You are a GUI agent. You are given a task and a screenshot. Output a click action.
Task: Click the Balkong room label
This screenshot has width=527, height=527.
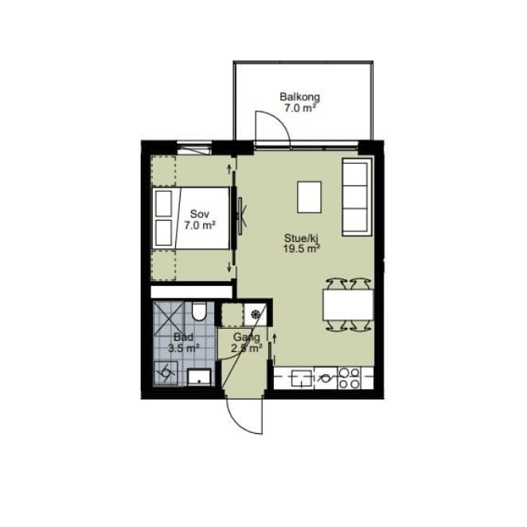[x=300, y=97]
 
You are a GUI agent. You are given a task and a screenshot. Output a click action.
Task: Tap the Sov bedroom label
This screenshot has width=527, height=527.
[x=200, y=214]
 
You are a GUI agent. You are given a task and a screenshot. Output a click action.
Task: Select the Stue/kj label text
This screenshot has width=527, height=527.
[x=301, y=239]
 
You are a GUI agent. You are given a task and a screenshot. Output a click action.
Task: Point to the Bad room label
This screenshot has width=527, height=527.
[x=184, y=337]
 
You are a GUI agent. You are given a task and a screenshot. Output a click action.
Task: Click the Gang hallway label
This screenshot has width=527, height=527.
[x=246, y=337]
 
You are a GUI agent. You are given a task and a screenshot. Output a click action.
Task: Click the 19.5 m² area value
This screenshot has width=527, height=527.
[x=302, y=249]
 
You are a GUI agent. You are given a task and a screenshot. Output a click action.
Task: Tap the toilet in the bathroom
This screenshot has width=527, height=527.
[x=199, y=311]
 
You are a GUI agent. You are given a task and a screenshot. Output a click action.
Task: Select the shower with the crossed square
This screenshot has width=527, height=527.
[x=169, y=318]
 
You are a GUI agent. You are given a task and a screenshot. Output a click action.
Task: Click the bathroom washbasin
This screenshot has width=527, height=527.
[x=199, y=377]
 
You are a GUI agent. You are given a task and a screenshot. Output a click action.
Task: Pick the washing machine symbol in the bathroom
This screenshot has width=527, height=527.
[x=166, y=373]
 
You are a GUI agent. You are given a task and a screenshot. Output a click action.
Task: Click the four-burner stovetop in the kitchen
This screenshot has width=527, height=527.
[x=349, y=378]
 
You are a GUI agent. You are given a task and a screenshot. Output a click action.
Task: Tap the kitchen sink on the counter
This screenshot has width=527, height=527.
[x=302, y=378]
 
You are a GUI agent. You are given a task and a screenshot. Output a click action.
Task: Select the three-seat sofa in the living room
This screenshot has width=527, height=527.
[x=357, y=197]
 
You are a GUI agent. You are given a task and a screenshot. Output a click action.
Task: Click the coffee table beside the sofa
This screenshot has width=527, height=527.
[x=309, y=197]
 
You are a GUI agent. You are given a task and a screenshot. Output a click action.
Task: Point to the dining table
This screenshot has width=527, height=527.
[x=348, y=305]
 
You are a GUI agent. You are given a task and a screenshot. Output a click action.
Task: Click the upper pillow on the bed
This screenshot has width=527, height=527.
[x=164, y=203]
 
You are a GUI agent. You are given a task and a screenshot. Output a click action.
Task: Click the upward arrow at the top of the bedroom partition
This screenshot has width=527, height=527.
[x=229, y=169]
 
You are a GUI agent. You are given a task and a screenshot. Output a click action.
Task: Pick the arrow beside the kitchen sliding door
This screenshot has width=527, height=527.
[x=275, y=338]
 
